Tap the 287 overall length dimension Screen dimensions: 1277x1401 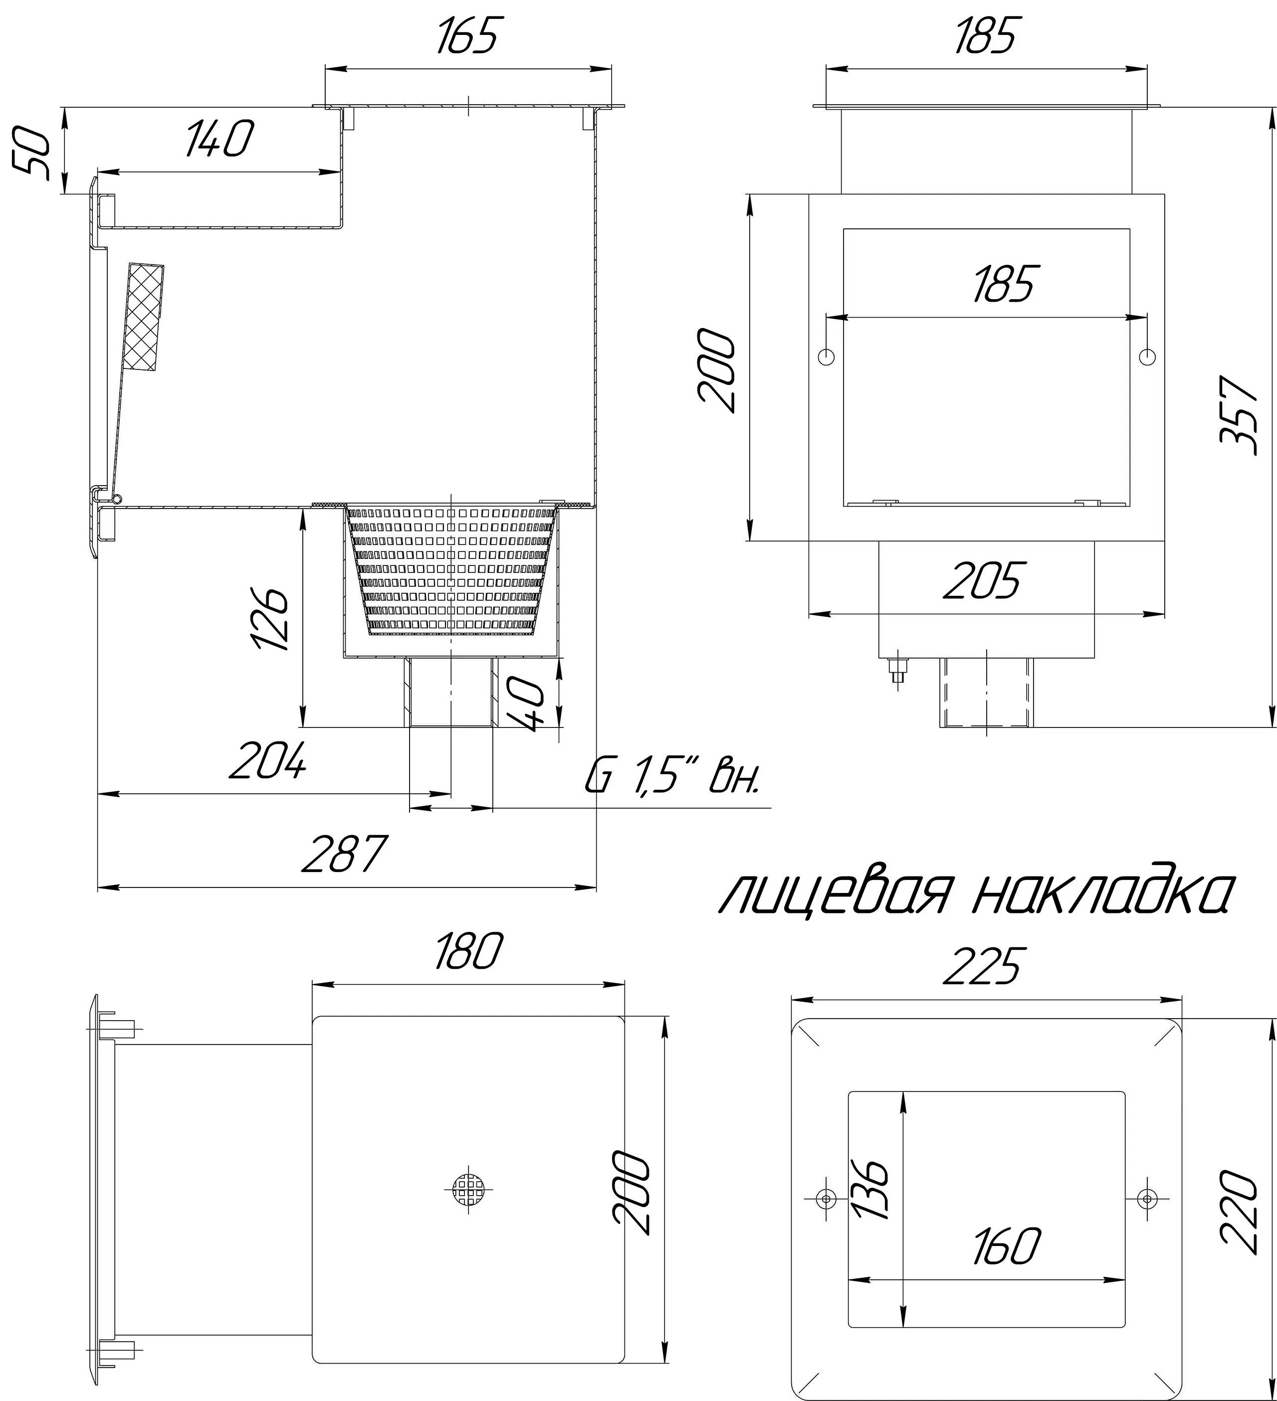[x=345, y=854]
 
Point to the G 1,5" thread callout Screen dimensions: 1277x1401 [x=673, y=778]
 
